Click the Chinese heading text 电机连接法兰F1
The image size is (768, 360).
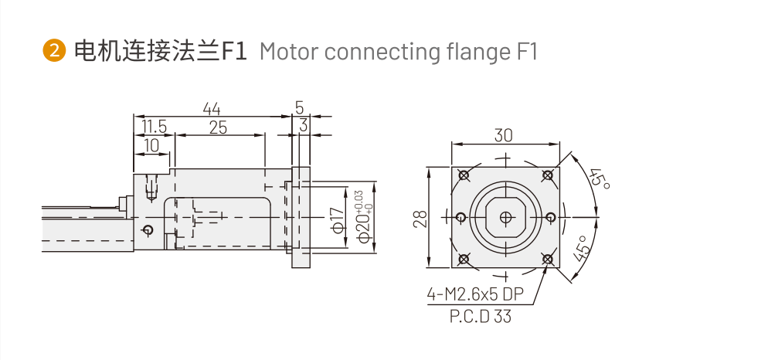coord(159,52)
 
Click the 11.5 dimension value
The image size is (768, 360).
coord(154,127)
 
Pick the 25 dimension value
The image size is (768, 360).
coord(218,127)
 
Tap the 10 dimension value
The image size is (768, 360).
coord(151,144)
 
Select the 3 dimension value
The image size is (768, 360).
coord(304,125)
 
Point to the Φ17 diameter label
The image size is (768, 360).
coord(337,219)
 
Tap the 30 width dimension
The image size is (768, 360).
coord(504,135)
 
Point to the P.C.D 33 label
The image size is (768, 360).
coord(480,316)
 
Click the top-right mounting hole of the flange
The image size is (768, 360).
coord(548,175)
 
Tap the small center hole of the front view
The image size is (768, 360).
coord(505,217)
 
